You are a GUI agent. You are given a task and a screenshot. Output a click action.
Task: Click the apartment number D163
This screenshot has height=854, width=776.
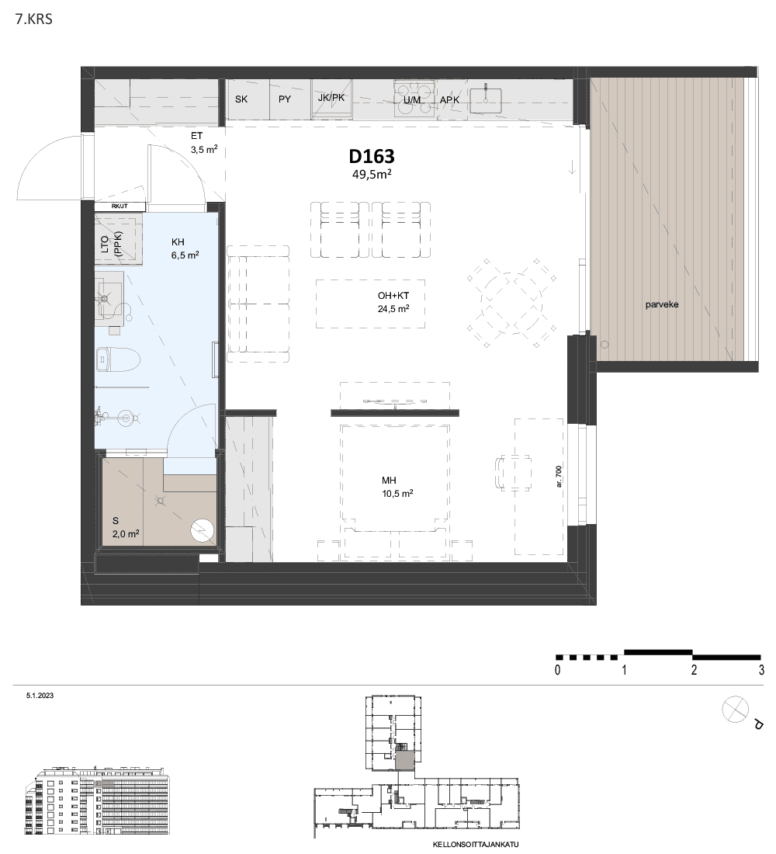[372, 156]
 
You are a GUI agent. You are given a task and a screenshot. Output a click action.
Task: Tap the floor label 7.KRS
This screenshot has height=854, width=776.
[34, 19]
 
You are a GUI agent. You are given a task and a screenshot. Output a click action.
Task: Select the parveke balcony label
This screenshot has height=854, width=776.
[662, 304]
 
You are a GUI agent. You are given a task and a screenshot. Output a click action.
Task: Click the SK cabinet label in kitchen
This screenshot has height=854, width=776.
[241, 99]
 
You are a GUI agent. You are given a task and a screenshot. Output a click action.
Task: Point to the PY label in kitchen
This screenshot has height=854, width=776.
[285, 99]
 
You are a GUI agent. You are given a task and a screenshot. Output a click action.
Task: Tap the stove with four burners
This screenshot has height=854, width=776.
[415, 98]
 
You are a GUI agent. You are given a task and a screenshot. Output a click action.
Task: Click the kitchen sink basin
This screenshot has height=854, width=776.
[485, 100]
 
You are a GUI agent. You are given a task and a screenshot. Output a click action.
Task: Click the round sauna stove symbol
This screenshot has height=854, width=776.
[202, 531]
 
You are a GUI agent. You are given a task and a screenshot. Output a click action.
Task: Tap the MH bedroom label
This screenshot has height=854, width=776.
[389, 481]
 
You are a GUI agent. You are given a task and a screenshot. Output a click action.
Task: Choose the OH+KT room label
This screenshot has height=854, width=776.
[393, 296]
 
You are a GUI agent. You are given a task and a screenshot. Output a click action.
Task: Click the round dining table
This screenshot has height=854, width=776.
[511, 303]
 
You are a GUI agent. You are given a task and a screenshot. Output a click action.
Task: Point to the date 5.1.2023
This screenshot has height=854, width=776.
[40, 696]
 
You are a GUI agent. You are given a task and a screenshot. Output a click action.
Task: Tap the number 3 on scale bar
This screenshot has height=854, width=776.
[761, 670]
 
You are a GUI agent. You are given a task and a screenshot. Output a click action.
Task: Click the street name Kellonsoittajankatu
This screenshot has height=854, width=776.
[476, 845]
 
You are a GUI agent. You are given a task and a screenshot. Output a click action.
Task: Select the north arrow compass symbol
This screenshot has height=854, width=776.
[735, 710]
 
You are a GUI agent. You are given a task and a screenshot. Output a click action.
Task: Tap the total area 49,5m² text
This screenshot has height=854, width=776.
[372, 174]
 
